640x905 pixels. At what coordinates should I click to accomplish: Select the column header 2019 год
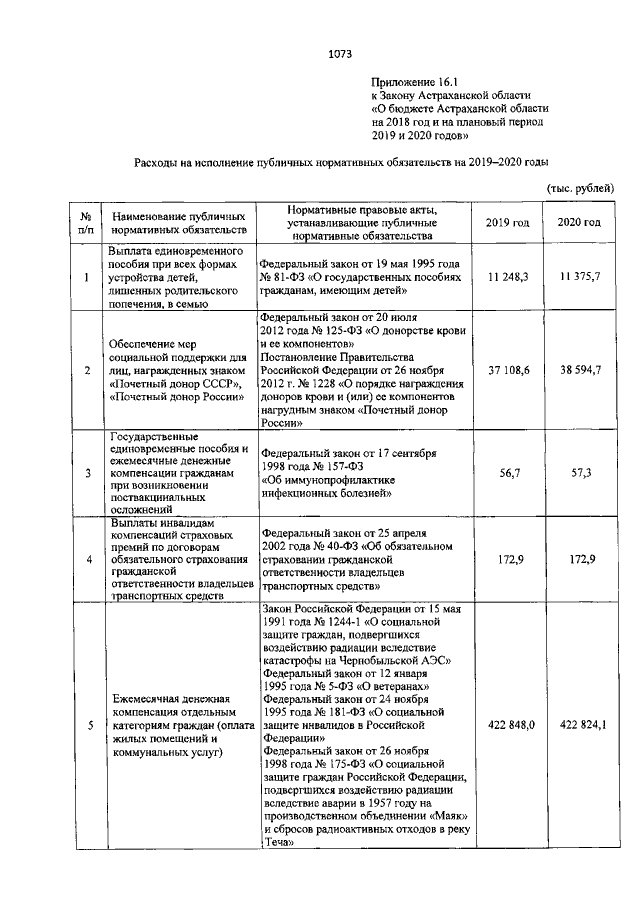click(506, 222)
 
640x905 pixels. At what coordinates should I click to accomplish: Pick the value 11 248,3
click(506, 275)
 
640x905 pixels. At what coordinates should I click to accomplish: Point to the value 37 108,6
click(506, 369)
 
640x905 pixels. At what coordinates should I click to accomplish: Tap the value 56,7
click(506, 471)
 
